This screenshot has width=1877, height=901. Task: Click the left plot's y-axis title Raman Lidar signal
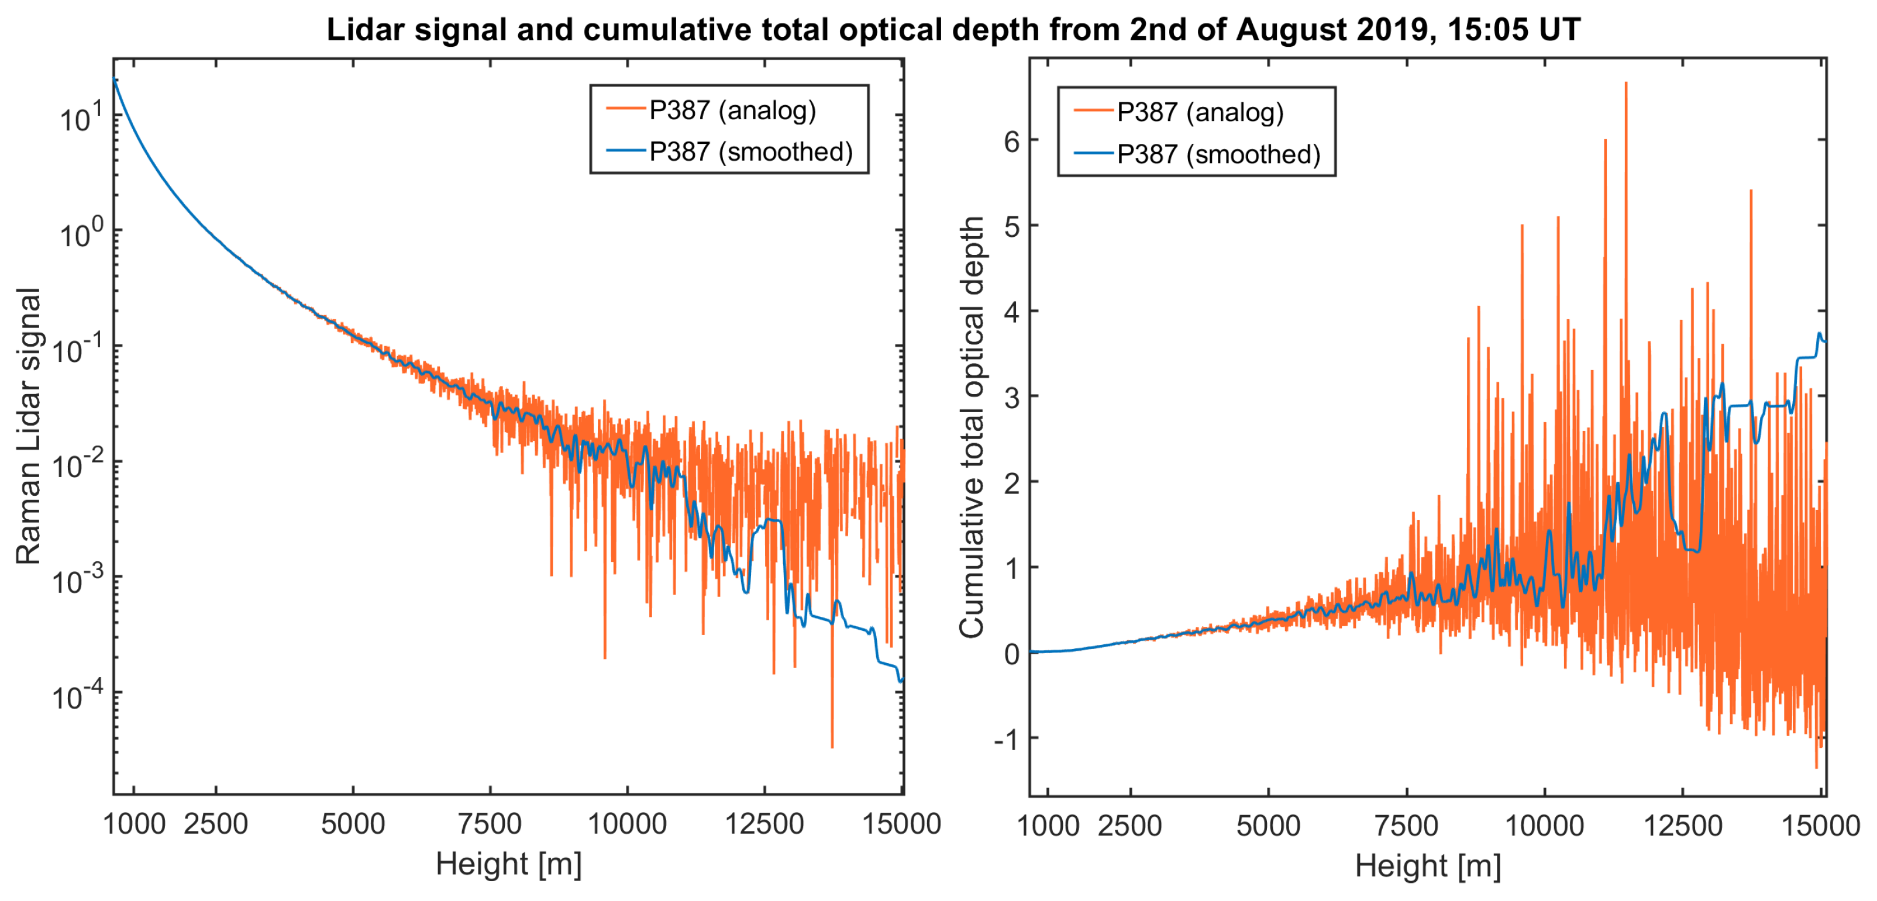[27, 426]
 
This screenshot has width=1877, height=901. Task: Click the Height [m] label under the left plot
[509, 864]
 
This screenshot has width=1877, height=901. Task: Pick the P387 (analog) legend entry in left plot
[732, 110]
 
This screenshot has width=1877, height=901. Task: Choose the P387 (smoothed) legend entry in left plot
[750, 151]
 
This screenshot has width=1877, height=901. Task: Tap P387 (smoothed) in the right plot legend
[1218, 154]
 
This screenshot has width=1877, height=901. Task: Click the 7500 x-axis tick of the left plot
[490, 824]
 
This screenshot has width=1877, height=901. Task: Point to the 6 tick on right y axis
[1011, 141]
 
